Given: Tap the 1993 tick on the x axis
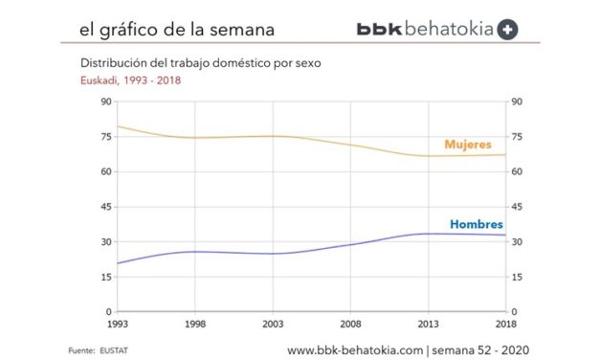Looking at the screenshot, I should pos(117,323).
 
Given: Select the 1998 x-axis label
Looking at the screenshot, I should pos(194,323).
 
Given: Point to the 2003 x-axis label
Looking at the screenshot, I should pos(272,323).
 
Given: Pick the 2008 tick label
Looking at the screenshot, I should pos(350,323).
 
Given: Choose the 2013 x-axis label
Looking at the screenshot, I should pos(428,323).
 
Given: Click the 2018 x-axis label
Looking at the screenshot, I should pos(504,323).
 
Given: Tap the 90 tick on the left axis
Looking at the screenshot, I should pos(105,102).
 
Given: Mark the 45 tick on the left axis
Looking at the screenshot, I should pos(105,207).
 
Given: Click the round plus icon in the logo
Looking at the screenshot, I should pos(508,30).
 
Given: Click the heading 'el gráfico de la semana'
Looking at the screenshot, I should pos(177,30).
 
